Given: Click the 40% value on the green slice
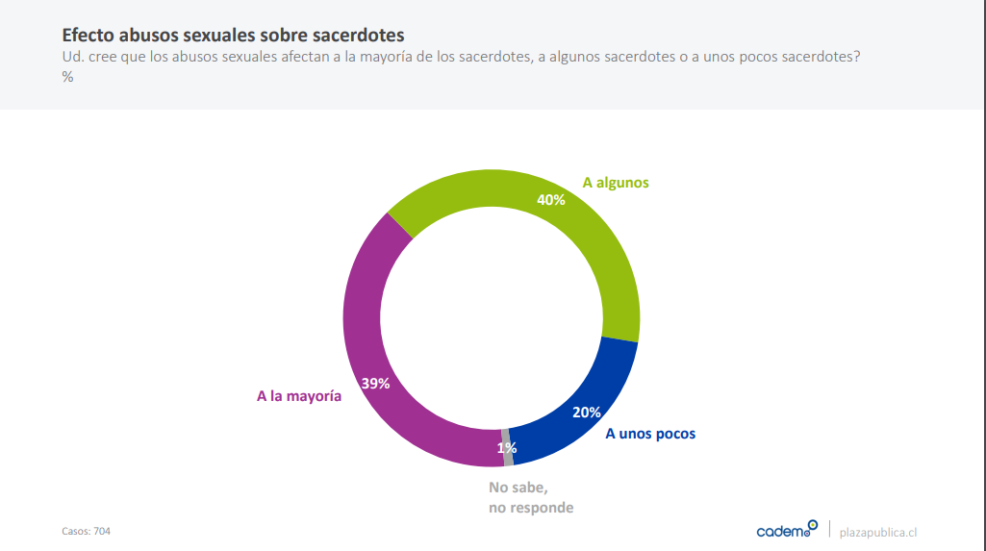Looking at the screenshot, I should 550,200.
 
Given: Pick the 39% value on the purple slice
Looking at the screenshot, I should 375,383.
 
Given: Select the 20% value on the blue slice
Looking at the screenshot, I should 586,412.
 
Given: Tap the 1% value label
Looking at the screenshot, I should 507,448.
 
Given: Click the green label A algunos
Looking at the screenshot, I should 616,182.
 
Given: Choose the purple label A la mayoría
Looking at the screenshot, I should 298,395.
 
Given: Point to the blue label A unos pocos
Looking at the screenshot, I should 649,434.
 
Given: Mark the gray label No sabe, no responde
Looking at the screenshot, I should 530,497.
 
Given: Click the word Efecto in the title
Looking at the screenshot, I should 90,35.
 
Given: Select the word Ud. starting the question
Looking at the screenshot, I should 72,58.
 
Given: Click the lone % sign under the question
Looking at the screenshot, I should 68,77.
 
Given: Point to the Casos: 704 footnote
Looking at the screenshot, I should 87,531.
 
